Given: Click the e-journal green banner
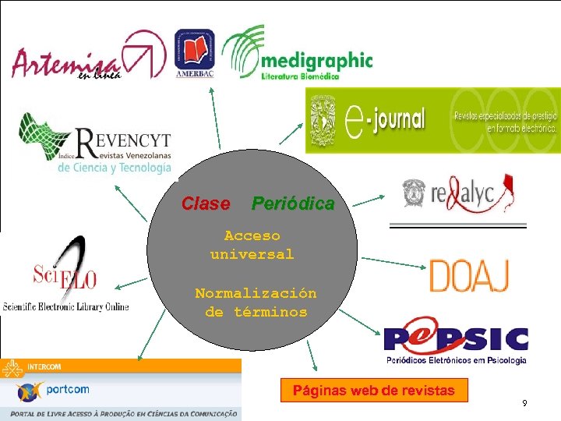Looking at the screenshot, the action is pos(432,121).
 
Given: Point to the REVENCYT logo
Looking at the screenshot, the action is pos(97,144).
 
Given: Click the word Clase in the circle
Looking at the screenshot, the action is pos(206,204).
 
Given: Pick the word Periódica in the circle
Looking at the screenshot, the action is pos(292,204).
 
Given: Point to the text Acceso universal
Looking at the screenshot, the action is pos(252,245).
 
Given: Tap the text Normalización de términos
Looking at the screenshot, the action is pos(256,303).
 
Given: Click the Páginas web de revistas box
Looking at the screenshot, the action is pos(373,391).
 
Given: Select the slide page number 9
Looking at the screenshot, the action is pos(524,403).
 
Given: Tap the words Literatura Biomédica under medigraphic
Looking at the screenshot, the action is pos(300,75).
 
